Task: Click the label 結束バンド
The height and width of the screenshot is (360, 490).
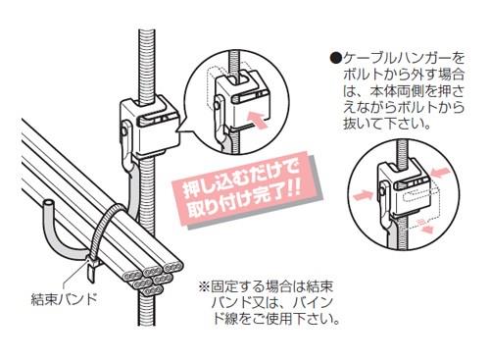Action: coord(64,299)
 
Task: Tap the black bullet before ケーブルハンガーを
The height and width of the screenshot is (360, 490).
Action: coord(336,59)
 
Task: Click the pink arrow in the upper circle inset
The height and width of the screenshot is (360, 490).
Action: coord(258,120)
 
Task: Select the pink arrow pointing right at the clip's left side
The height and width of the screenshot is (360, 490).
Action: coord(364,195)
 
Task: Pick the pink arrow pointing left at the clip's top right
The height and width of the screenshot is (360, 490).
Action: coord(441,172)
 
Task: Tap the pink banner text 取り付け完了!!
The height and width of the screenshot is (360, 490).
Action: coord(244,202)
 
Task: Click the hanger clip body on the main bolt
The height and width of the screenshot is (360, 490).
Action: coord(149,126)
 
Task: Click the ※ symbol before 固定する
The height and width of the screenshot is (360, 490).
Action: coord(204,287)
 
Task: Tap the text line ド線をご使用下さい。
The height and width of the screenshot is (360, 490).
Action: coord(276,319)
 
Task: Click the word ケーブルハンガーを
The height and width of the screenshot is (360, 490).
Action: coord(404,59)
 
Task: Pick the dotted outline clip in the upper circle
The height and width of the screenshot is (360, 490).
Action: coord(213,86)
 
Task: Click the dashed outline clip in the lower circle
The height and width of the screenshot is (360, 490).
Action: coord(422,207)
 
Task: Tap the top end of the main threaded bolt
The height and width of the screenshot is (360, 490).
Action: coord(147,31)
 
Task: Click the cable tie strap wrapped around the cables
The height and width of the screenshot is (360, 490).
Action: coord(106,229)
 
